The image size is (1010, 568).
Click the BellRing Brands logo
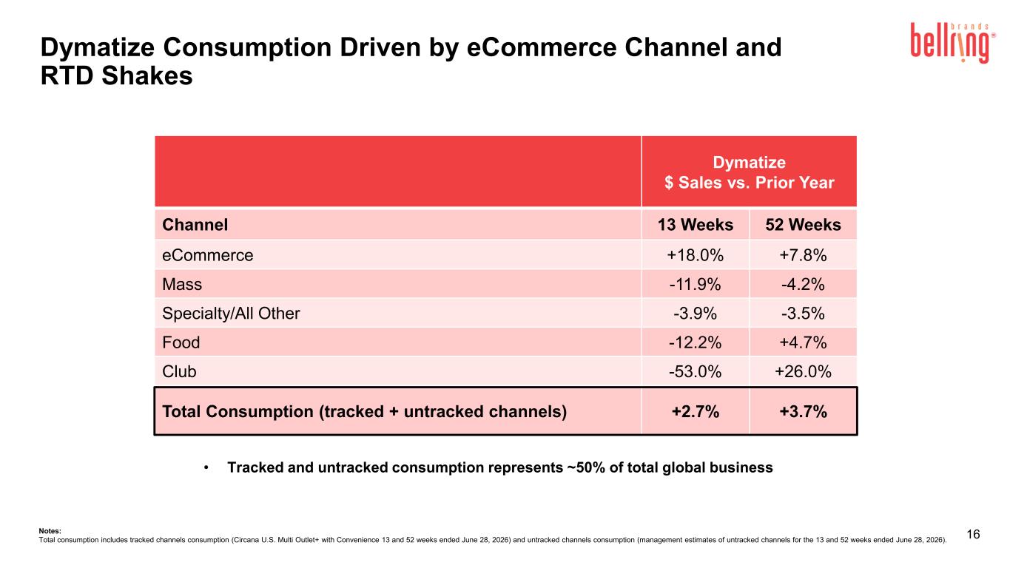[953, 42]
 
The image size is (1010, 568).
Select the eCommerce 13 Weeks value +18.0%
[695, 255]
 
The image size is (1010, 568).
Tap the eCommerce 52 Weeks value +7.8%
[803, 255]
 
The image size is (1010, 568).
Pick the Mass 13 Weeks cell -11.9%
[695, 285]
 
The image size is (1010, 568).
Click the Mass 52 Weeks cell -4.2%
[803, 285]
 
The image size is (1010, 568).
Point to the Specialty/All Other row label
[231, 314]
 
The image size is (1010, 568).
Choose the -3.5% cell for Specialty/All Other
[803, 314]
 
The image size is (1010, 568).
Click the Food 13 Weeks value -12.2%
[695, 342]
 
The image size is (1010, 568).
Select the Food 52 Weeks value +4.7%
[803, 342]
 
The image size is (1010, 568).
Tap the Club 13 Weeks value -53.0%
[695, 371]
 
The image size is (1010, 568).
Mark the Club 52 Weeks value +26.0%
[803, 371]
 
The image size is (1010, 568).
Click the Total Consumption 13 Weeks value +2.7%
[695, 411]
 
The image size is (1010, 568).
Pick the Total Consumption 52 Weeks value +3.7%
[803, 411]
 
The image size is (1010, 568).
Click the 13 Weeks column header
[695, 225]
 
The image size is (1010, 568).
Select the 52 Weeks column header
[803, 225]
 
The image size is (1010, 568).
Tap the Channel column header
[195, 225]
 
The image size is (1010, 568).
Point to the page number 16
[973, 534]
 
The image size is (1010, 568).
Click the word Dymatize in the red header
[749, 162]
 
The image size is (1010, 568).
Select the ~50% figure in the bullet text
[586, 467]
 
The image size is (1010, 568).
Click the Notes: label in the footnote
[50, 531]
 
